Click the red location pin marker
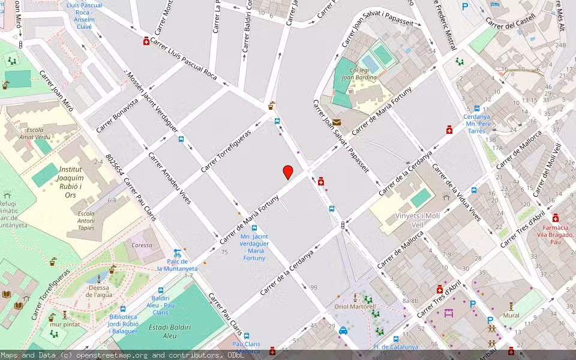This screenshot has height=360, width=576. click(x=288, y=172)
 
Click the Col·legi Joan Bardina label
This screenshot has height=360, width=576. click(x=355, y=74)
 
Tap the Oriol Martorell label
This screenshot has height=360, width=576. click(x=355, y=307)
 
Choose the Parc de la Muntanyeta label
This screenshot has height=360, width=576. click(x=177, y=265)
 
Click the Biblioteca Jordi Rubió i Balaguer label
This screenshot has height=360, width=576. click(x=124, y=323)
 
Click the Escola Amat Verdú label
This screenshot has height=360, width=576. click(x=34, y=133)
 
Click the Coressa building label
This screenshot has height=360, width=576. click(x=142, y=245)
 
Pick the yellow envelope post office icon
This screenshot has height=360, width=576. click(x=337, y=122)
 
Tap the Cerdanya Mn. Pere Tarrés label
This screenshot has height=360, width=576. click(x=477, y=124)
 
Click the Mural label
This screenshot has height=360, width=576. click(x=511, y=314)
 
